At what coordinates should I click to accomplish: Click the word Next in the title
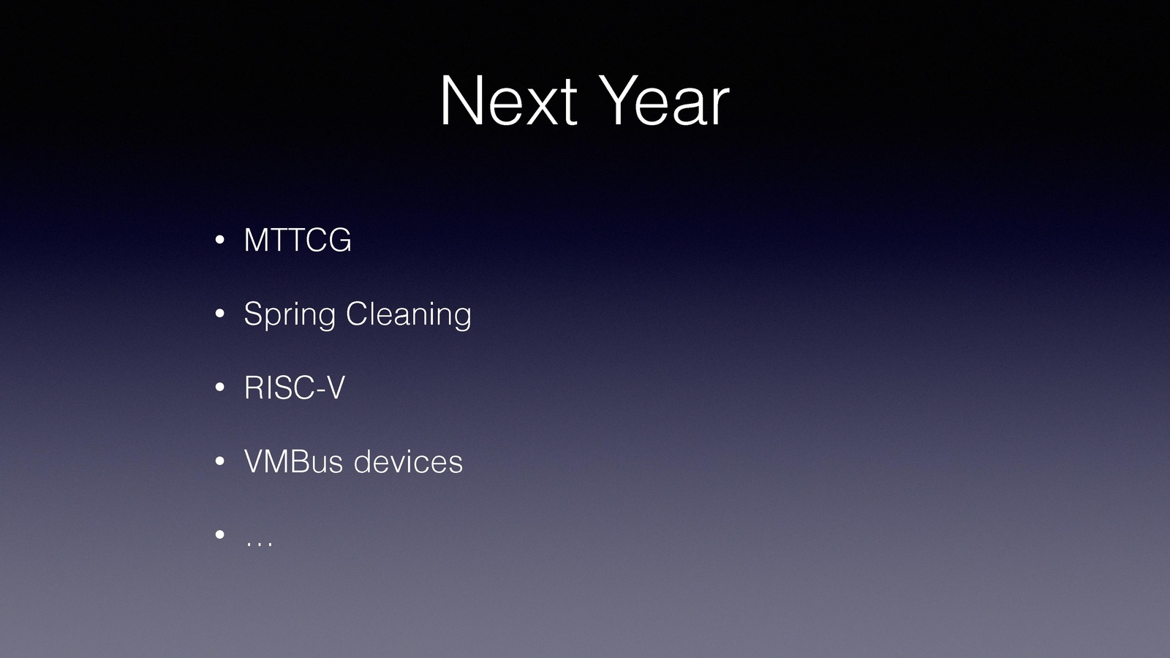point(509,100)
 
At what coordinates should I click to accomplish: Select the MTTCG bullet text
point(298,240)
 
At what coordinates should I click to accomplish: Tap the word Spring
point(290,315)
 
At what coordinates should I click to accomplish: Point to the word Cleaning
point(409,315)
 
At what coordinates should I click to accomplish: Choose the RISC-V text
point(295,387)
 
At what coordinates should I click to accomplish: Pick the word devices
point(409,461)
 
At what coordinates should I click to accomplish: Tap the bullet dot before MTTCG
point(220,241)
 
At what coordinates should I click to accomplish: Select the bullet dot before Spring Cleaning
point(220,314)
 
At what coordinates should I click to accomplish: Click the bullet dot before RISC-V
point(220,387)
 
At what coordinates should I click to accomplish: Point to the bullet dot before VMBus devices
point(220,461)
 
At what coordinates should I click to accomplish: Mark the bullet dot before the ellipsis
point(220,534)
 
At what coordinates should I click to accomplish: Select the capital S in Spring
point(254,314)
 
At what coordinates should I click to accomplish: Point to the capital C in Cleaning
point(358,314)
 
